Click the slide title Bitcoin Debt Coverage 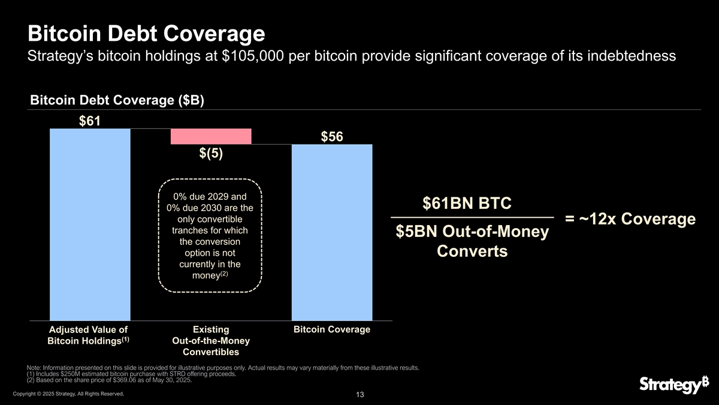click(146, 32)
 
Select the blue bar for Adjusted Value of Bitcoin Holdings click(90, 225)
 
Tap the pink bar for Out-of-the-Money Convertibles click(211, 137)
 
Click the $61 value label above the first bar click(90, 121)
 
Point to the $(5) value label click(211, 154)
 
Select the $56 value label click(331, 137)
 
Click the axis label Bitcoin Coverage click(331, 329)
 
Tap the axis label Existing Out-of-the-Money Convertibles click(211, 340)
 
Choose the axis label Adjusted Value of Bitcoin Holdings click(89, 335)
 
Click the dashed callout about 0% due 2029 click(210, 236)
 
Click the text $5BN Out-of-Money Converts click(472, 241)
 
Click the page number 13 click(359, 394)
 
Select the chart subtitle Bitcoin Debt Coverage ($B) click(117, 101)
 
